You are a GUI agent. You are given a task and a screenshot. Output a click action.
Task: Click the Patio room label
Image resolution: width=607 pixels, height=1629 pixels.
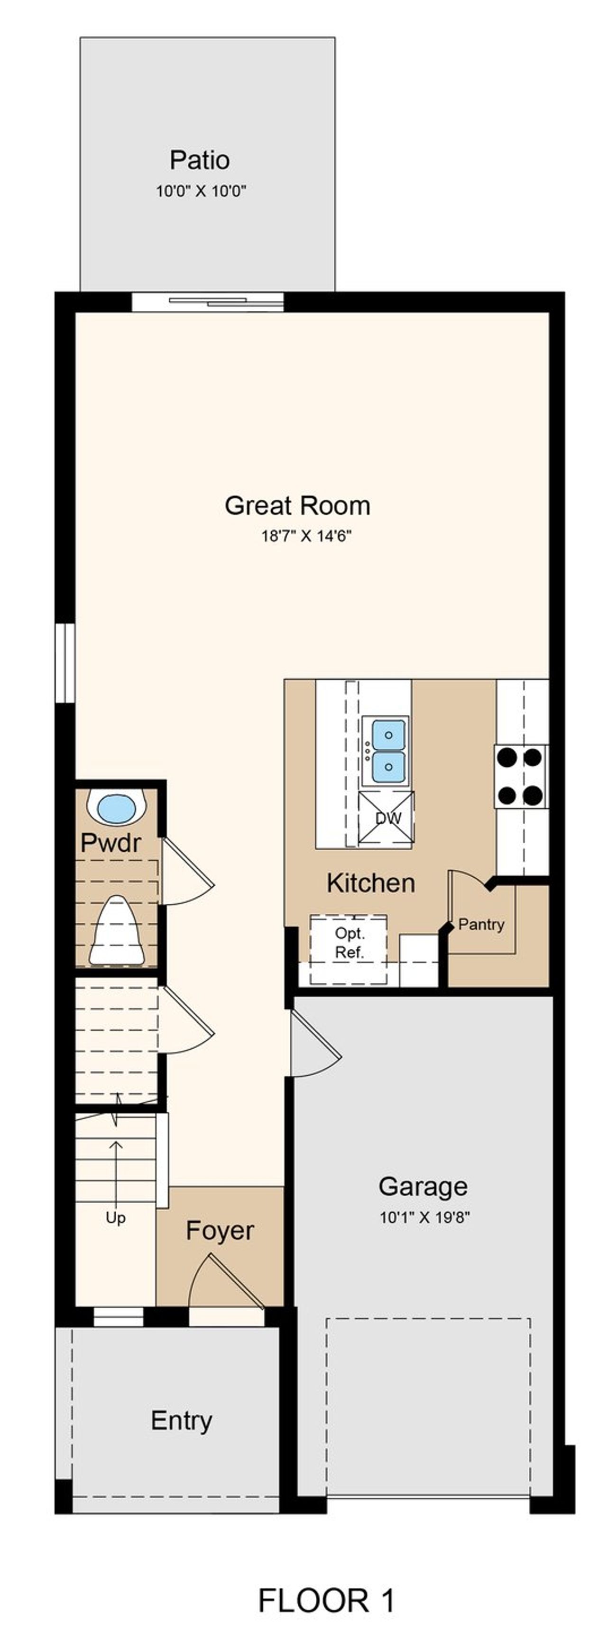coord(199,160)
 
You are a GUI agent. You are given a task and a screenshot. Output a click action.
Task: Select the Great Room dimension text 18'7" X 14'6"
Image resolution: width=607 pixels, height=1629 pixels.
coord(306,536)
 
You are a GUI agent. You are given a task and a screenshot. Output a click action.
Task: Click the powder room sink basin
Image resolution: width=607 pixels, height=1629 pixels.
coord(117,808)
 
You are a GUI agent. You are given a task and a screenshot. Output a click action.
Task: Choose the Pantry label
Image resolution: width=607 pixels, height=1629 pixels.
coord(481,925)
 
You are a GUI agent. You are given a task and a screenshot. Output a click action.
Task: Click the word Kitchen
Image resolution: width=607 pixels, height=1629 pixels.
coord(370,883)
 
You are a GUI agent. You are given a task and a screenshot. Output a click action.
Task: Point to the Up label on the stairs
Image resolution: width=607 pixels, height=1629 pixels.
coord(115,1218)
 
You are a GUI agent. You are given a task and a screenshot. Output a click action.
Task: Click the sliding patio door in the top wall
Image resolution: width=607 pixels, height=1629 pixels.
coord(208,302)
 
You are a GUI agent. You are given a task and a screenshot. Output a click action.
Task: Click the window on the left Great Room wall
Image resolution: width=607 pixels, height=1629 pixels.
coord(64,662)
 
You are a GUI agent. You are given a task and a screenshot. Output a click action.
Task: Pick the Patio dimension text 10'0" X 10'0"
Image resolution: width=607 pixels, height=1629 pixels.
coord(201,191)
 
